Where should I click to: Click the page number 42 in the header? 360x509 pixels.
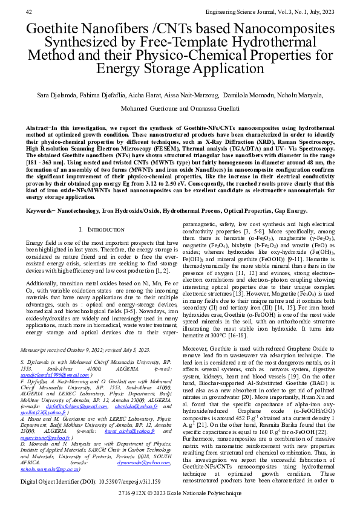pos(29,11)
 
